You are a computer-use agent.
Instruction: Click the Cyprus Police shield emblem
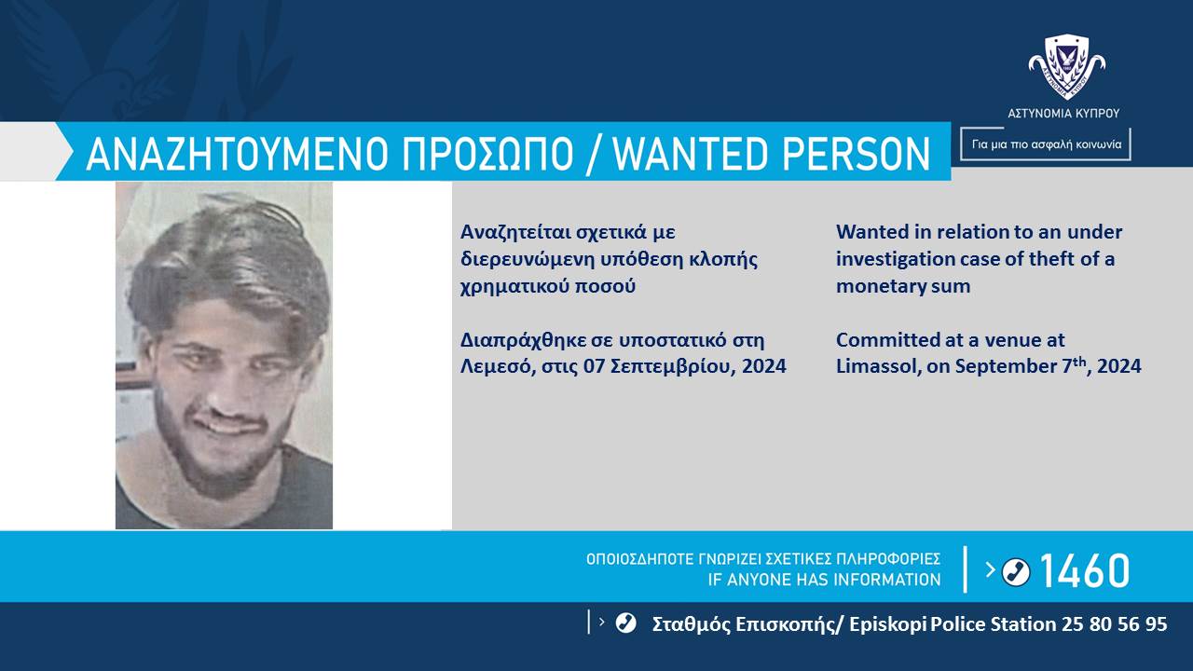[x=1067, y=66]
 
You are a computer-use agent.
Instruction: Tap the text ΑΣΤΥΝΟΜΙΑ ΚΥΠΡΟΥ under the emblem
[x=1063, y=114]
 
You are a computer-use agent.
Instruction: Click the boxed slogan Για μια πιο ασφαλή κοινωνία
[x=1046, y=144]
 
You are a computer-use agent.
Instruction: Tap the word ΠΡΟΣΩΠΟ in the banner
[x=487, y=154]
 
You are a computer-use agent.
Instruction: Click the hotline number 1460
[x=1084, y=570]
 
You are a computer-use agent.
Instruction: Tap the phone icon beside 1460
[x=1016, y=571]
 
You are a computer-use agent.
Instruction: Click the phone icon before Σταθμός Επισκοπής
[x=625, y=623]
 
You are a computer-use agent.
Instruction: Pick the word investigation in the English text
[x=895, y=259]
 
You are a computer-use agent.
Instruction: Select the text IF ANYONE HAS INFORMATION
[x=825, y=580]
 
